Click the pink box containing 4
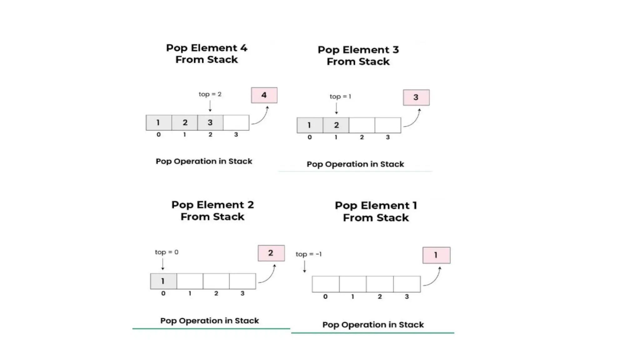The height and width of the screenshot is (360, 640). [264, 95]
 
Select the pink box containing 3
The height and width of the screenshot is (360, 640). [416, 97]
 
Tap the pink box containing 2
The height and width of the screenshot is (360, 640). [271, 253]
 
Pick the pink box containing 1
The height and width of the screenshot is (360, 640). [436, 255]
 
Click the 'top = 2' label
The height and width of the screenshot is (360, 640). [210, 94]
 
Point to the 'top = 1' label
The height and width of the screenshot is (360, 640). [340, 97]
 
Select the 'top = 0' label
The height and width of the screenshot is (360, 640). [167, 252]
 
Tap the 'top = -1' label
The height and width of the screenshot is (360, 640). [308, 254]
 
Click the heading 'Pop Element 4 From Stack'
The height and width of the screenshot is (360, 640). [207, 54]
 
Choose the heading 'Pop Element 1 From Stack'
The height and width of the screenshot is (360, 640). [376, 212]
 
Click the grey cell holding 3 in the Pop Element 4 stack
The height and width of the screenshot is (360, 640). [210, 122]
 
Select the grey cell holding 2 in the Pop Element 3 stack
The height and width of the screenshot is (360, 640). [336, 125]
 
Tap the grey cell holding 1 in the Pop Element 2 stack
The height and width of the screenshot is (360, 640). [163, 281]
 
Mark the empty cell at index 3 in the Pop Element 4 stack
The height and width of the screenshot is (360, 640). [236, 122]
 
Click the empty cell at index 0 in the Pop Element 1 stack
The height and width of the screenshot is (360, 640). [326, 284]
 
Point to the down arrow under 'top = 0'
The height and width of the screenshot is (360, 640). [163, 264]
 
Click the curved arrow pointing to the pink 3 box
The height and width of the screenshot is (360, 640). [413, 119]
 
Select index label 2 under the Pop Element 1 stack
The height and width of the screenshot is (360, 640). [380, 297]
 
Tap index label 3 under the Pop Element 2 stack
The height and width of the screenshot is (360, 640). [242, 293]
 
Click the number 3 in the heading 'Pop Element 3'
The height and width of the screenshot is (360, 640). [396, 50]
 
